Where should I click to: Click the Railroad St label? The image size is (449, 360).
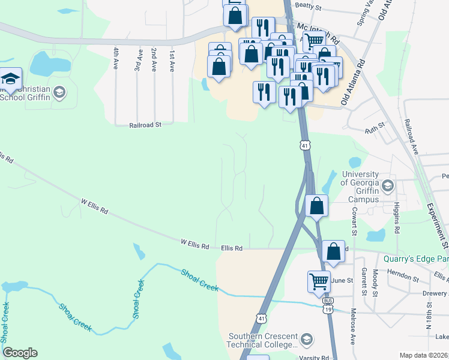[x=146, y=125]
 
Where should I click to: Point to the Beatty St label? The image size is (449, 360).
[x=309, y=8]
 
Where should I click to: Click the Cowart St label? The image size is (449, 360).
[x=355, y=221]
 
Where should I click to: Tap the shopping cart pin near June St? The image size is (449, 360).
[x=319, y=280]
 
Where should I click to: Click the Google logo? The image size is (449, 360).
[x=20, y=352]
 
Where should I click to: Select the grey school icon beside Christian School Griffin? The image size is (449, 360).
[x=59, y=92]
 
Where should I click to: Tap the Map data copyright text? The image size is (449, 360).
[x=424, y=355]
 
